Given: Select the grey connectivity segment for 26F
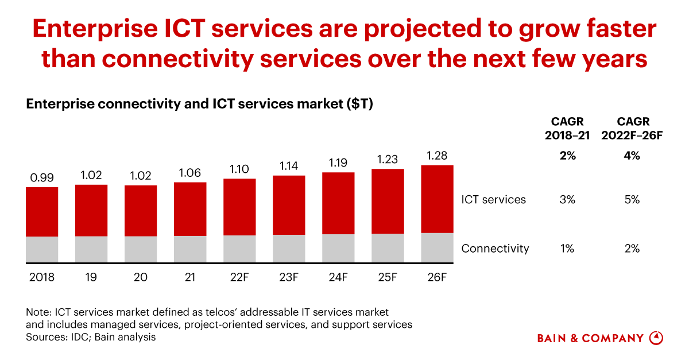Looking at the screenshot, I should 437,247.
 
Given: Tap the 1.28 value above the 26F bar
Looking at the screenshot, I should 437,156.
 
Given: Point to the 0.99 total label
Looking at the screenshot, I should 42,177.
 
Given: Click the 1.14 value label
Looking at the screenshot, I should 289,166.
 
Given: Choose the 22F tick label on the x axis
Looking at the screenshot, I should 239,277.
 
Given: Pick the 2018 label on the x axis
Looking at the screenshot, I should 42,277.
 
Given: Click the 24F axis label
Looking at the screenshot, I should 338,277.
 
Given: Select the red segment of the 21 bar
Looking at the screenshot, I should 190,209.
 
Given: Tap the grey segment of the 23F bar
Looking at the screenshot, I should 289,249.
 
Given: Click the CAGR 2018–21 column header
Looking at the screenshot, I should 567,127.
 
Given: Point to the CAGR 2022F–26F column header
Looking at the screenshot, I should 633,127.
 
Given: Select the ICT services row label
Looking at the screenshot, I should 493,200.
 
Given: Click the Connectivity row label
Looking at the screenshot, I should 495,249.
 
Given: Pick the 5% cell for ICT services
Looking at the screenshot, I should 633,200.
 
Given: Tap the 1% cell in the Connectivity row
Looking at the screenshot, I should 567,249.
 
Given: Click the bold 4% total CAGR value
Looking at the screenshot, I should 633,156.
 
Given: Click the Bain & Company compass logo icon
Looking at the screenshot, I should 656,338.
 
